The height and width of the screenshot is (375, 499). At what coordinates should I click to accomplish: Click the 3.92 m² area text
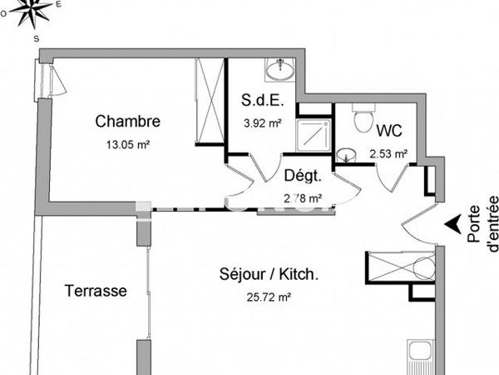(x=263, y=123)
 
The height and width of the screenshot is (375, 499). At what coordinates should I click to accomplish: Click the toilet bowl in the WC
(x=362, y=120)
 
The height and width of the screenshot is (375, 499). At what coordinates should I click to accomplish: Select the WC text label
(x=390, y=131)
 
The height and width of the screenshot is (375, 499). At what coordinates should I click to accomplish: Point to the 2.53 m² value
(x=388, y=153)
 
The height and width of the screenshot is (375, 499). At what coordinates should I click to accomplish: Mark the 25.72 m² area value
(x=267, y=297)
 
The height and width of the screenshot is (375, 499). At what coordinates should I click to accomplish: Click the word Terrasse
(x=96, y=291)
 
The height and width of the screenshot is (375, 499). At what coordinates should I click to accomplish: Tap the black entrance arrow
(x=452, y=223)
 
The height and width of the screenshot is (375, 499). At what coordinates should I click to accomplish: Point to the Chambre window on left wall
(x=44, y=82)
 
